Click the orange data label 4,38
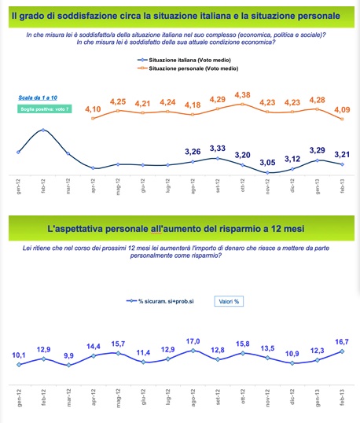tap(244, 95)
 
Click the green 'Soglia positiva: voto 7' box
tap(44, 109)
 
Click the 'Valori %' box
tap(229, 301)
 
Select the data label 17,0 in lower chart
tap(193, 341)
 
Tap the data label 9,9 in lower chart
tap(68, 355)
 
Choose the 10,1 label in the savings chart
tap(19, 355)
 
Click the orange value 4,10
tap(94, 109)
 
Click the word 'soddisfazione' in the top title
tap(78, 15)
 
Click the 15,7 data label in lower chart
tap(118, 344)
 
